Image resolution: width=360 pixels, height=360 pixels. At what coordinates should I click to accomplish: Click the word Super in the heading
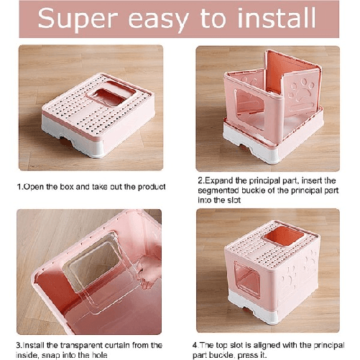85,20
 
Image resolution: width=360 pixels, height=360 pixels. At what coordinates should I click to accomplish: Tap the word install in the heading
272,20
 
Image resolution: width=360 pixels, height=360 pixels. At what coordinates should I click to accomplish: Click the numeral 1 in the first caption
19,187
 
